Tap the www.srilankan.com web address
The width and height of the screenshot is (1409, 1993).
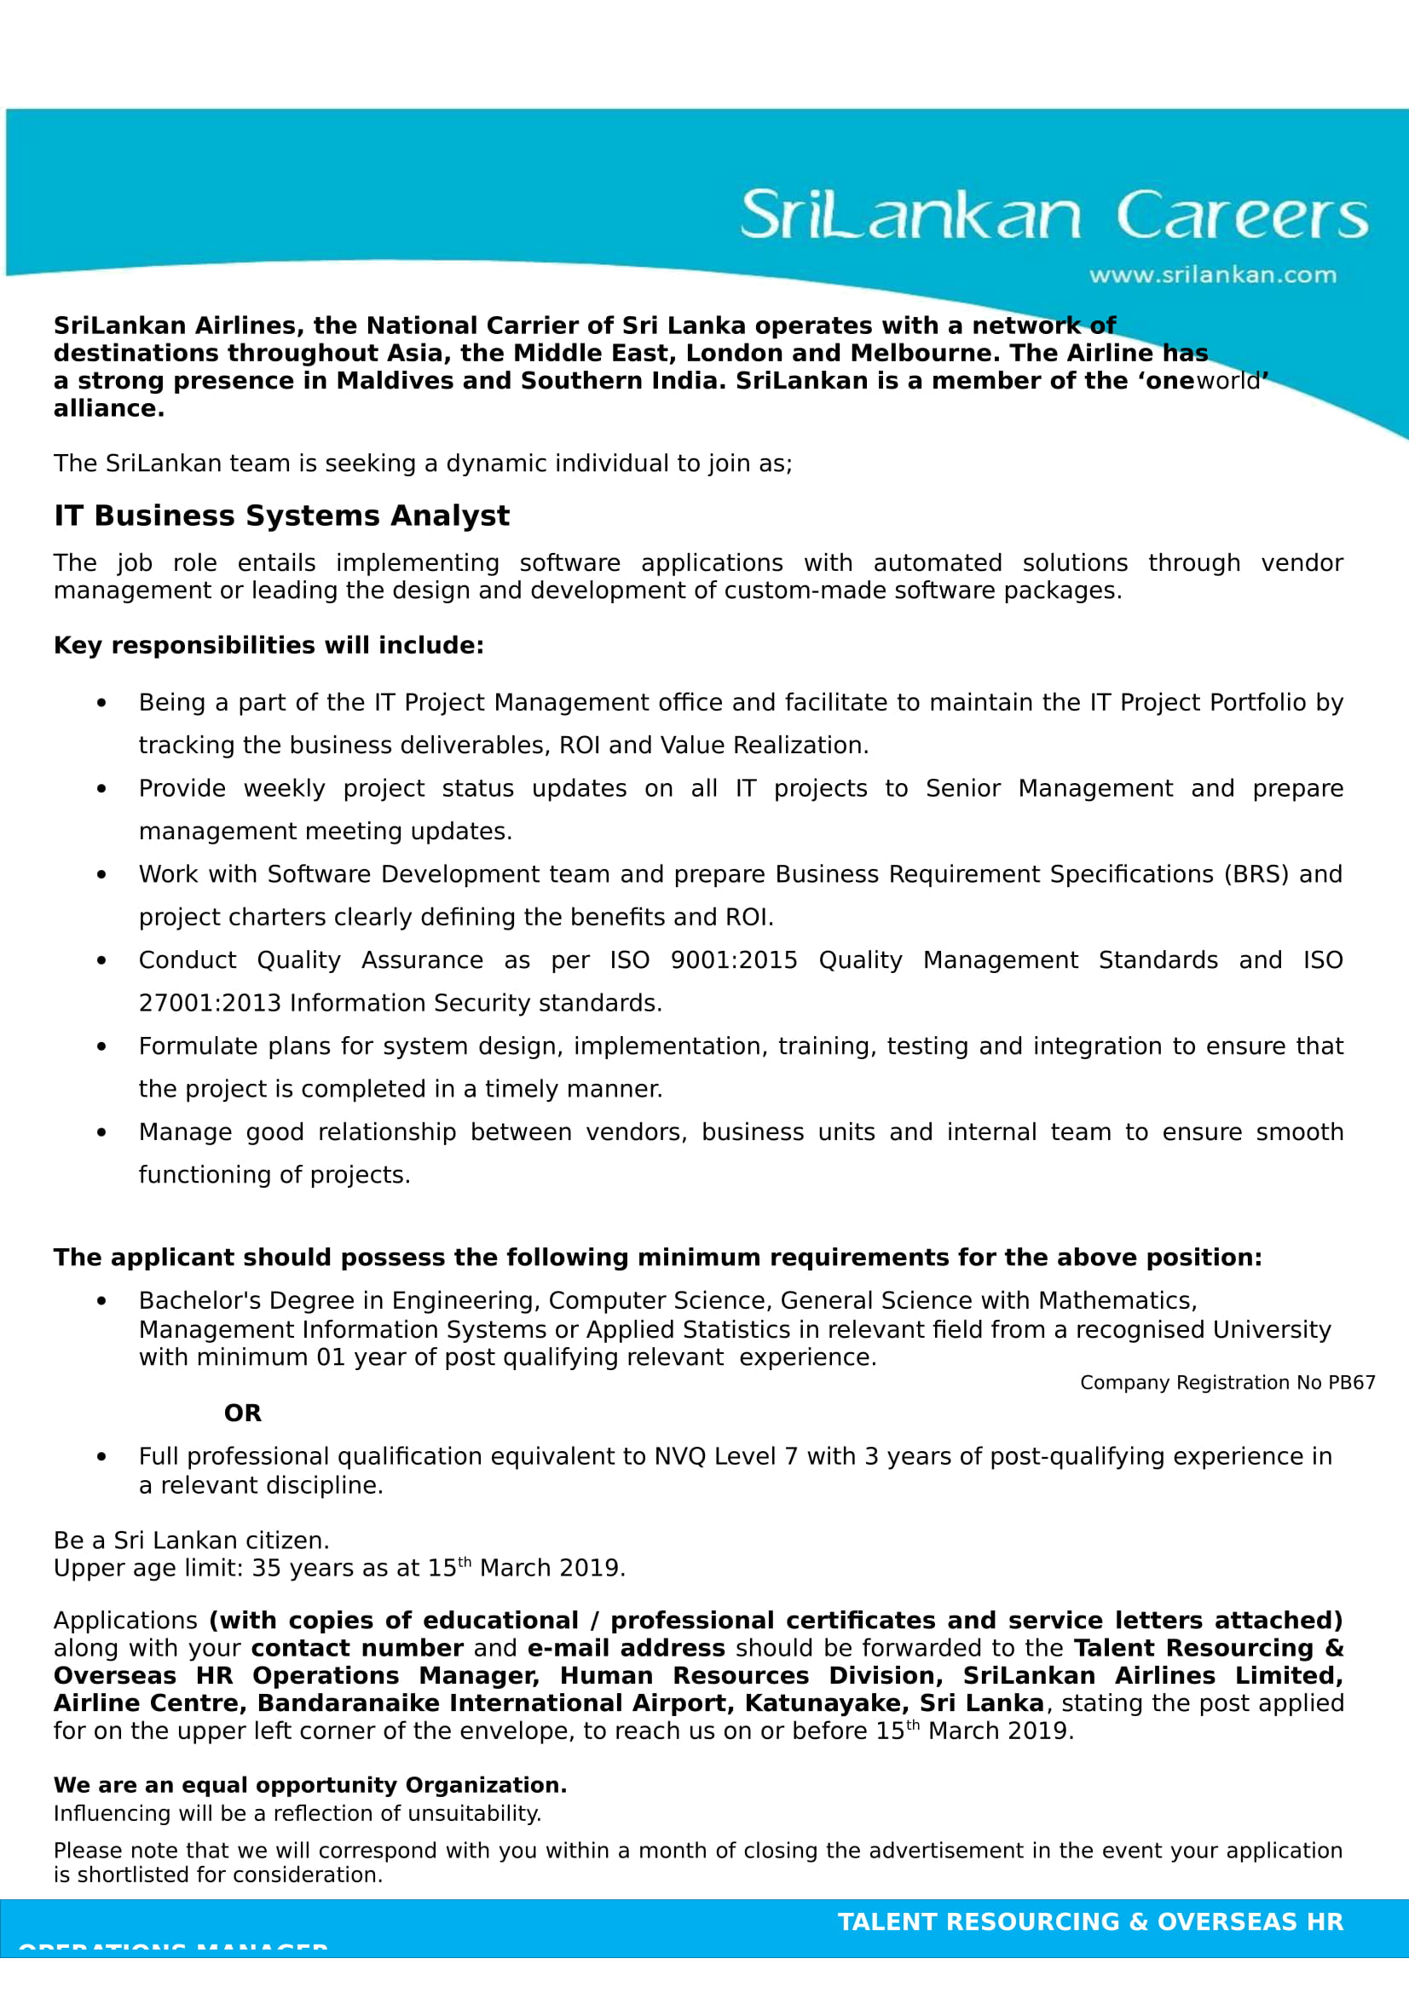[x=1212, y=275]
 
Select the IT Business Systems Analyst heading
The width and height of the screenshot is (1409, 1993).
[x=281, y=516]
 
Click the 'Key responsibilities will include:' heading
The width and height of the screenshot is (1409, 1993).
[x=269, y=645]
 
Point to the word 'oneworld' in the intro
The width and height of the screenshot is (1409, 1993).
[x=1204, y=381]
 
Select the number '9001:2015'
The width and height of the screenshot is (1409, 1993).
[x=734, y=960]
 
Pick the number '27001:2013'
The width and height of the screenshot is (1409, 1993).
[x=209, y=1004]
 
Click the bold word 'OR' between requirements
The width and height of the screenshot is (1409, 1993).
[x=242, y=1413]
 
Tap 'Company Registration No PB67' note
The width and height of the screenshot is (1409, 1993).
[x=1227, y=1383]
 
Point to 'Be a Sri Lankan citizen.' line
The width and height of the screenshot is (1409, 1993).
[x=191, y=1541]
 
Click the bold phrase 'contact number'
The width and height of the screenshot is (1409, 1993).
[x=358, y=1649]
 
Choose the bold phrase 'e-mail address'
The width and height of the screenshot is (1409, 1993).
[x=626, y=1649]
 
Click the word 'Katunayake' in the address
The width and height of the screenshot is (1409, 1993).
[x=823, y=1703]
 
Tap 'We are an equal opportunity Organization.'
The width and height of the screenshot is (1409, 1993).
[x=310, y=1785]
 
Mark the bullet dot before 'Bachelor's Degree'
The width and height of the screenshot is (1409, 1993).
[x=101, y=1301]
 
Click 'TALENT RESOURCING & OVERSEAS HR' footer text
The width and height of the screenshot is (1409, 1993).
[x=1089, y=1921]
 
